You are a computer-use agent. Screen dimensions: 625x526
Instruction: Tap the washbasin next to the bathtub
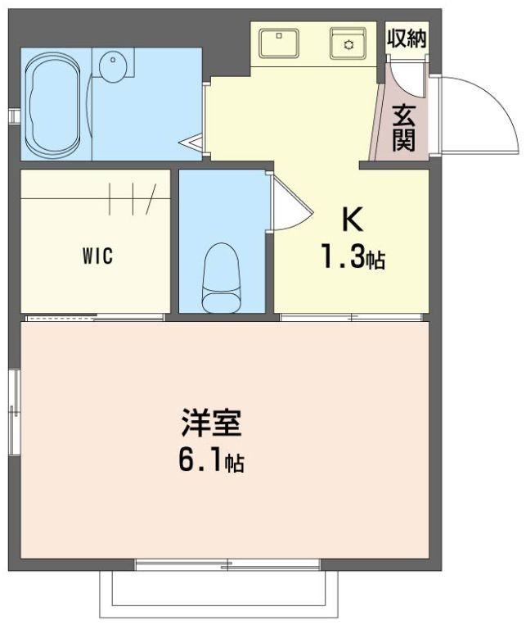coord(113,65)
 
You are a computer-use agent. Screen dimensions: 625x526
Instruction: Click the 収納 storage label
coord(407,38)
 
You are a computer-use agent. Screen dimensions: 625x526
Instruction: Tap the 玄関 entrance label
coord(403,127)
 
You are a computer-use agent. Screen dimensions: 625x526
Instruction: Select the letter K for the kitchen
coord(351,220)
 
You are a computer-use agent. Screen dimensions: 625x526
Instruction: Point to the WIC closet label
coord(97,255)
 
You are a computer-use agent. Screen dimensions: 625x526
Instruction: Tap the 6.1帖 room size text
coord(210,463)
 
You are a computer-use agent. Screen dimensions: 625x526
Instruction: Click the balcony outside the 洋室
coord(218,594)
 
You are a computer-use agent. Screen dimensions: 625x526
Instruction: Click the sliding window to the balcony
coord(227,564)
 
